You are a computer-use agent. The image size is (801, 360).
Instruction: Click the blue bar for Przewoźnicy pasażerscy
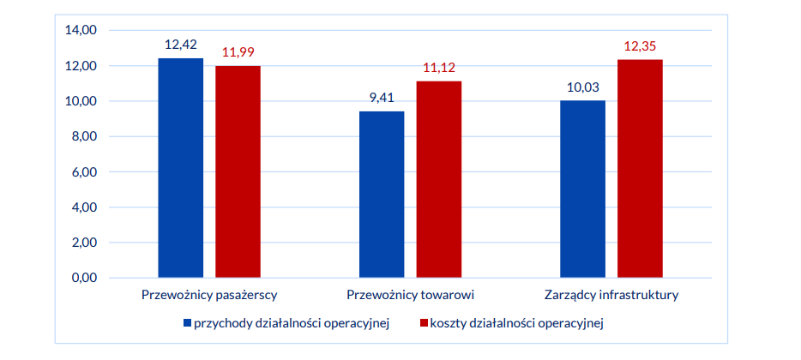(180, 168)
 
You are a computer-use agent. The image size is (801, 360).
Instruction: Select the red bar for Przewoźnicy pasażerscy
(238, 171)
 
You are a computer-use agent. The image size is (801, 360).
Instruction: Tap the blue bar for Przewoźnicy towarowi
(382, 195)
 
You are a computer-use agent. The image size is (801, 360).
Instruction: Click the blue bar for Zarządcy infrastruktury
(582, 189)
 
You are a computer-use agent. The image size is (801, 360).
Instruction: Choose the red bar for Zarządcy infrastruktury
(640, 169)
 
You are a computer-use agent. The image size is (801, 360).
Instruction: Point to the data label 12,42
(181, 45)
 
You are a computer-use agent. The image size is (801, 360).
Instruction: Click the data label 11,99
(238, 52)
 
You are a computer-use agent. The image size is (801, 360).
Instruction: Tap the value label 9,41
(382, 98)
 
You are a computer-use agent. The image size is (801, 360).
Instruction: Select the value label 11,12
(439, 68)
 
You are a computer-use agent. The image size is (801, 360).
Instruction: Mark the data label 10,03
(583, 87)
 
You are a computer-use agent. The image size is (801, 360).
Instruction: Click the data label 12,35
(640, 45)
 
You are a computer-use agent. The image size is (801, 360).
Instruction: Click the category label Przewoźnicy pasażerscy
(208, 296)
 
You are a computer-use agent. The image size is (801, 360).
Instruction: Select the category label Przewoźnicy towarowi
(410, 296)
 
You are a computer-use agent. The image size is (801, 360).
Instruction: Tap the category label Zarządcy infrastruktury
(611, 296)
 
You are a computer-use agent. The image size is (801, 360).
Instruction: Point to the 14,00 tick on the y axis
(82, 30)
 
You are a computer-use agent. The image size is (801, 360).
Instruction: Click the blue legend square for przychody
(187, 323)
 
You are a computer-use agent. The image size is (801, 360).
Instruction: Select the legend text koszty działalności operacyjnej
(517, 323)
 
